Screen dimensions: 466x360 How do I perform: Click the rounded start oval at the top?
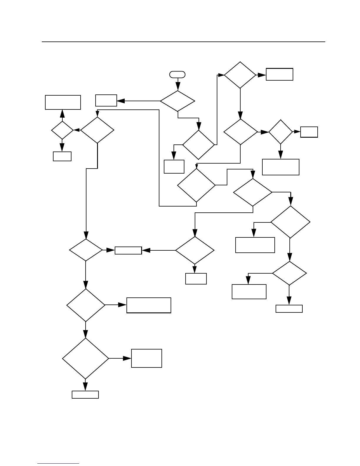tap(177, 75)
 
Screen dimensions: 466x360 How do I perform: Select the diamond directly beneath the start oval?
tap(177, 101)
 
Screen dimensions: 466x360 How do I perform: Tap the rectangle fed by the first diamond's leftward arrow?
tap(106, 100)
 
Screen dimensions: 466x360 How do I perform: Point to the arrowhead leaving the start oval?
tap(178, 86)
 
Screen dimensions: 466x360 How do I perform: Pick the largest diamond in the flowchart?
tap(86, 358)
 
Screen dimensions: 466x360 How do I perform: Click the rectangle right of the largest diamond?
tap(146, 358)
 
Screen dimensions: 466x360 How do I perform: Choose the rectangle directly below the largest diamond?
tap(85, 395)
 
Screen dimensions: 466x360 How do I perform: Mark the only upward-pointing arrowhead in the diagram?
tap(62, 114)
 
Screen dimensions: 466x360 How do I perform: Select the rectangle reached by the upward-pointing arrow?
tap(63, 102)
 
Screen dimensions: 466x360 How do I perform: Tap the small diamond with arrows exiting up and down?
tap(62, 130)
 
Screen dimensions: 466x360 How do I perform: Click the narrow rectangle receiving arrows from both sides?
tap(128, 250)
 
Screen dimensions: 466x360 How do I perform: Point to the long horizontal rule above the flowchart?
tap(184, 42)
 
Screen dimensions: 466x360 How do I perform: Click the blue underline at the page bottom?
tap(58, 463)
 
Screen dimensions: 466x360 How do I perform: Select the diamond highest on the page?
tap(240, 75)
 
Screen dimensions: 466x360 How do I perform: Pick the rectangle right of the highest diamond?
tap(279, 74)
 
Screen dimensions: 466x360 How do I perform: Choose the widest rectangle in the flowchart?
tap(149, 305)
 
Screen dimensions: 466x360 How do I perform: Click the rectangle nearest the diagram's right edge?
tap(309, 132)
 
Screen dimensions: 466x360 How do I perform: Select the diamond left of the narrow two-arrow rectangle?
tap(86, 250)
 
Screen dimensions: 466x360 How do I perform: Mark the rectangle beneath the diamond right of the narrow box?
tap(196, 279)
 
